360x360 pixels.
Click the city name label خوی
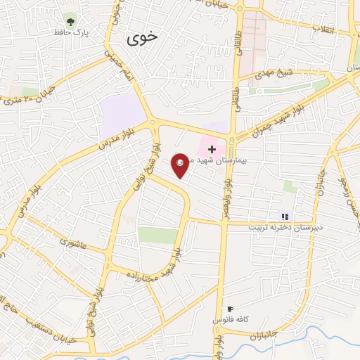(x=143, y=39)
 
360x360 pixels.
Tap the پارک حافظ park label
(x=69, y=32)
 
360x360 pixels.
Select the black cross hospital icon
(x=212, y=149)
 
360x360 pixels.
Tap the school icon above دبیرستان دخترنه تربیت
(x=285, y=217)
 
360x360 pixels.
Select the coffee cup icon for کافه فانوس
(x=229, y=309)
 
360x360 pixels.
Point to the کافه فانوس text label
(x=229, y=320)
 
